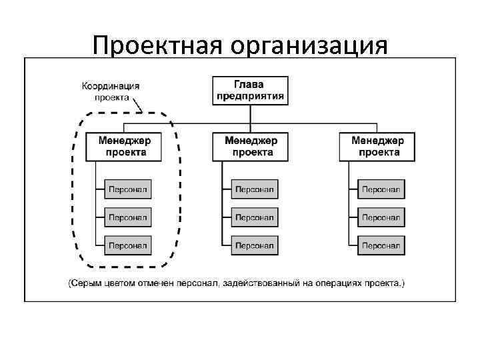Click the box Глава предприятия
[250, 90]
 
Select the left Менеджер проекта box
[125, 147]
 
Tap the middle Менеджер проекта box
[251, 147]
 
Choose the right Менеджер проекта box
[378, 147]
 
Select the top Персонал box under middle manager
[255, 189]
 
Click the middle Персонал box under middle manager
[255, 217]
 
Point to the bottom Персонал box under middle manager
[255, 245]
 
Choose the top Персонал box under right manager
[381, 189]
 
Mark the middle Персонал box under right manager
[381, 217]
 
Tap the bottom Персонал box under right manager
[381, 245]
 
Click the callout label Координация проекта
[111, 91]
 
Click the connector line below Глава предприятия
[250, 114]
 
